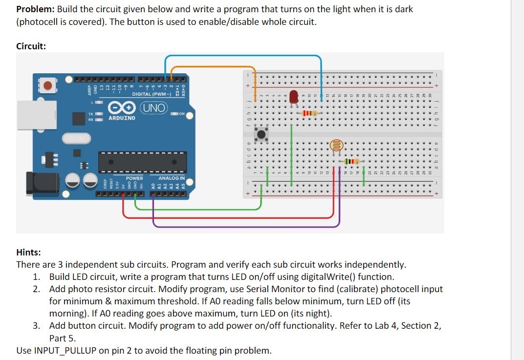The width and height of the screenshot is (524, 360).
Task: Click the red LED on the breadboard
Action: tap(294, 96)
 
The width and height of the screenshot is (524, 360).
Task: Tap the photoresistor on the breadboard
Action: tap(336, 145)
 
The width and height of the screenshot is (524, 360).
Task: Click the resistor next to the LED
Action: tap(310, 113)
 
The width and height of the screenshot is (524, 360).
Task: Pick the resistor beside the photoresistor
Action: tap(351, 161)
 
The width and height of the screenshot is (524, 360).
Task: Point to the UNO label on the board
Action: tap(154, 107)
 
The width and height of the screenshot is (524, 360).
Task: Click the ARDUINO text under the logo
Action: tap(123, 118)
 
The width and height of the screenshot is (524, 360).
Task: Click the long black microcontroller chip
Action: tap(142, 162)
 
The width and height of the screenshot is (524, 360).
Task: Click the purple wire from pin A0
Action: tap(244, 226)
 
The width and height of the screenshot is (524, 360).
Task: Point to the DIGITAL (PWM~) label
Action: tap(152, 94)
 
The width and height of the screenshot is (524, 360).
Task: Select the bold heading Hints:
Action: tap(29, 252)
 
